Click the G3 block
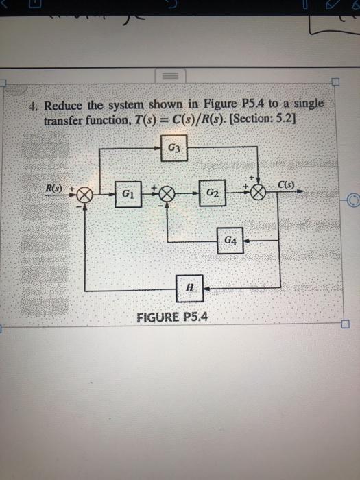coord(174,148)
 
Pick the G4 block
coord(231,241)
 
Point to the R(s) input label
coord(54,187)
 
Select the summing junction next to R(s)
coord(84,195)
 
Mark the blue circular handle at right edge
coord(352,202)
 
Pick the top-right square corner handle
coord(335,82)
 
